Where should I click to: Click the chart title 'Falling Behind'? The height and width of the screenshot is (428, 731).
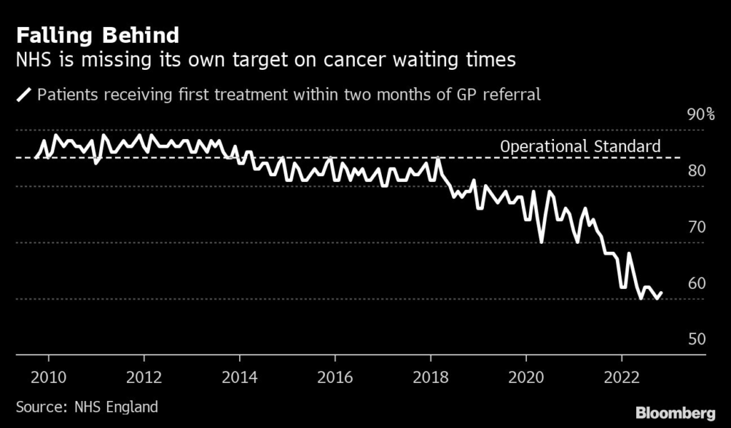97,35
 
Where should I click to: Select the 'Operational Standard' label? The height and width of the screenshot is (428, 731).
580,146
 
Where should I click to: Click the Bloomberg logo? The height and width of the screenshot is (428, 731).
675,413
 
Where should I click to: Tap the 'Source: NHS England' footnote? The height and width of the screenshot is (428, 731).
86,407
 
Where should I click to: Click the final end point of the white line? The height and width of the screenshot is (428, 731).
662,292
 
